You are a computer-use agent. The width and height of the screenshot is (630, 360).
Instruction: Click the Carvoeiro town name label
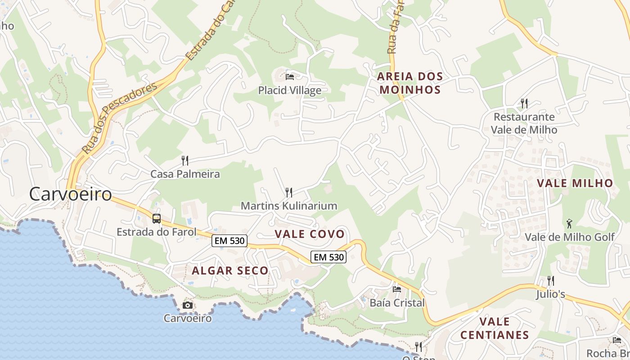click(x=71, y=194)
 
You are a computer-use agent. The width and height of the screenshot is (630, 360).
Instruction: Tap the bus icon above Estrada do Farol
click(x=157, y=219)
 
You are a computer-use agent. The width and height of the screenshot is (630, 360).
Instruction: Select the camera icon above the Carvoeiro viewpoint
click(x=188, y=306)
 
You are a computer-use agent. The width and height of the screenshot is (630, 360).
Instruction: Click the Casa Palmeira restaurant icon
click(x=184, y=160)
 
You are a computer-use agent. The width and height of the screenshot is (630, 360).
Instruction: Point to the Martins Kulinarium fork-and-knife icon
click(x=289, y=193)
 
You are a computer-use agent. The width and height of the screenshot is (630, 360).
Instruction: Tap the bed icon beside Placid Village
click(x=290, y=76)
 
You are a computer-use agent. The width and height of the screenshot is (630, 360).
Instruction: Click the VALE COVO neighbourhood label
click(x=310, y=234)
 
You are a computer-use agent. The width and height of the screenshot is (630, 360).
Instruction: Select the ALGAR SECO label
click(x=230, y=270)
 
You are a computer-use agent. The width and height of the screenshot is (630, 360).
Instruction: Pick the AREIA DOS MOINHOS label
click(x=410, y=83)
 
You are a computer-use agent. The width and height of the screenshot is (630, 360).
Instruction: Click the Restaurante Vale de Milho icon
click(x=524, y=103)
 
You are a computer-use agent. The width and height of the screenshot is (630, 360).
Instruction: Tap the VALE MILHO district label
click(x=575, y=183)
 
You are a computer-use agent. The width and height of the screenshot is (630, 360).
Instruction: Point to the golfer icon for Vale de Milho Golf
click(x=569, y=223)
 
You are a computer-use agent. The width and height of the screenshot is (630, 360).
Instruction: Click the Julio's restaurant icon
click(x=550, y=281)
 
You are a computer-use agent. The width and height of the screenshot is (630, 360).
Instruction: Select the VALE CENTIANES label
click(x=495, y=328)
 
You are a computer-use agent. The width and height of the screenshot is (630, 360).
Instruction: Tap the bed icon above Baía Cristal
click(x=397, y=289)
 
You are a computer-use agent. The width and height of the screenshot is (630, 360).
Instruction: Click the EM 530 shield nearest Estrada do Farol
click(x=229, y=241)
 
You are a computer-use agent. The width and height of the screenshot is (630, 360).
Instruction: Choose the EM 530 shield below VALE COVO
click(x=328, y=257)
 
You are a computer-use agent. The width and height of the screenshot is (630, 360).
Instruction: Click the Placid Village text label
click(x=290, y=90)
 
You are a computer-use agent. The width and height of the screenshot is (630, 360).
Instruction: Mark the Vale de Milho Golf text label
click(x=570, y=237)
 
